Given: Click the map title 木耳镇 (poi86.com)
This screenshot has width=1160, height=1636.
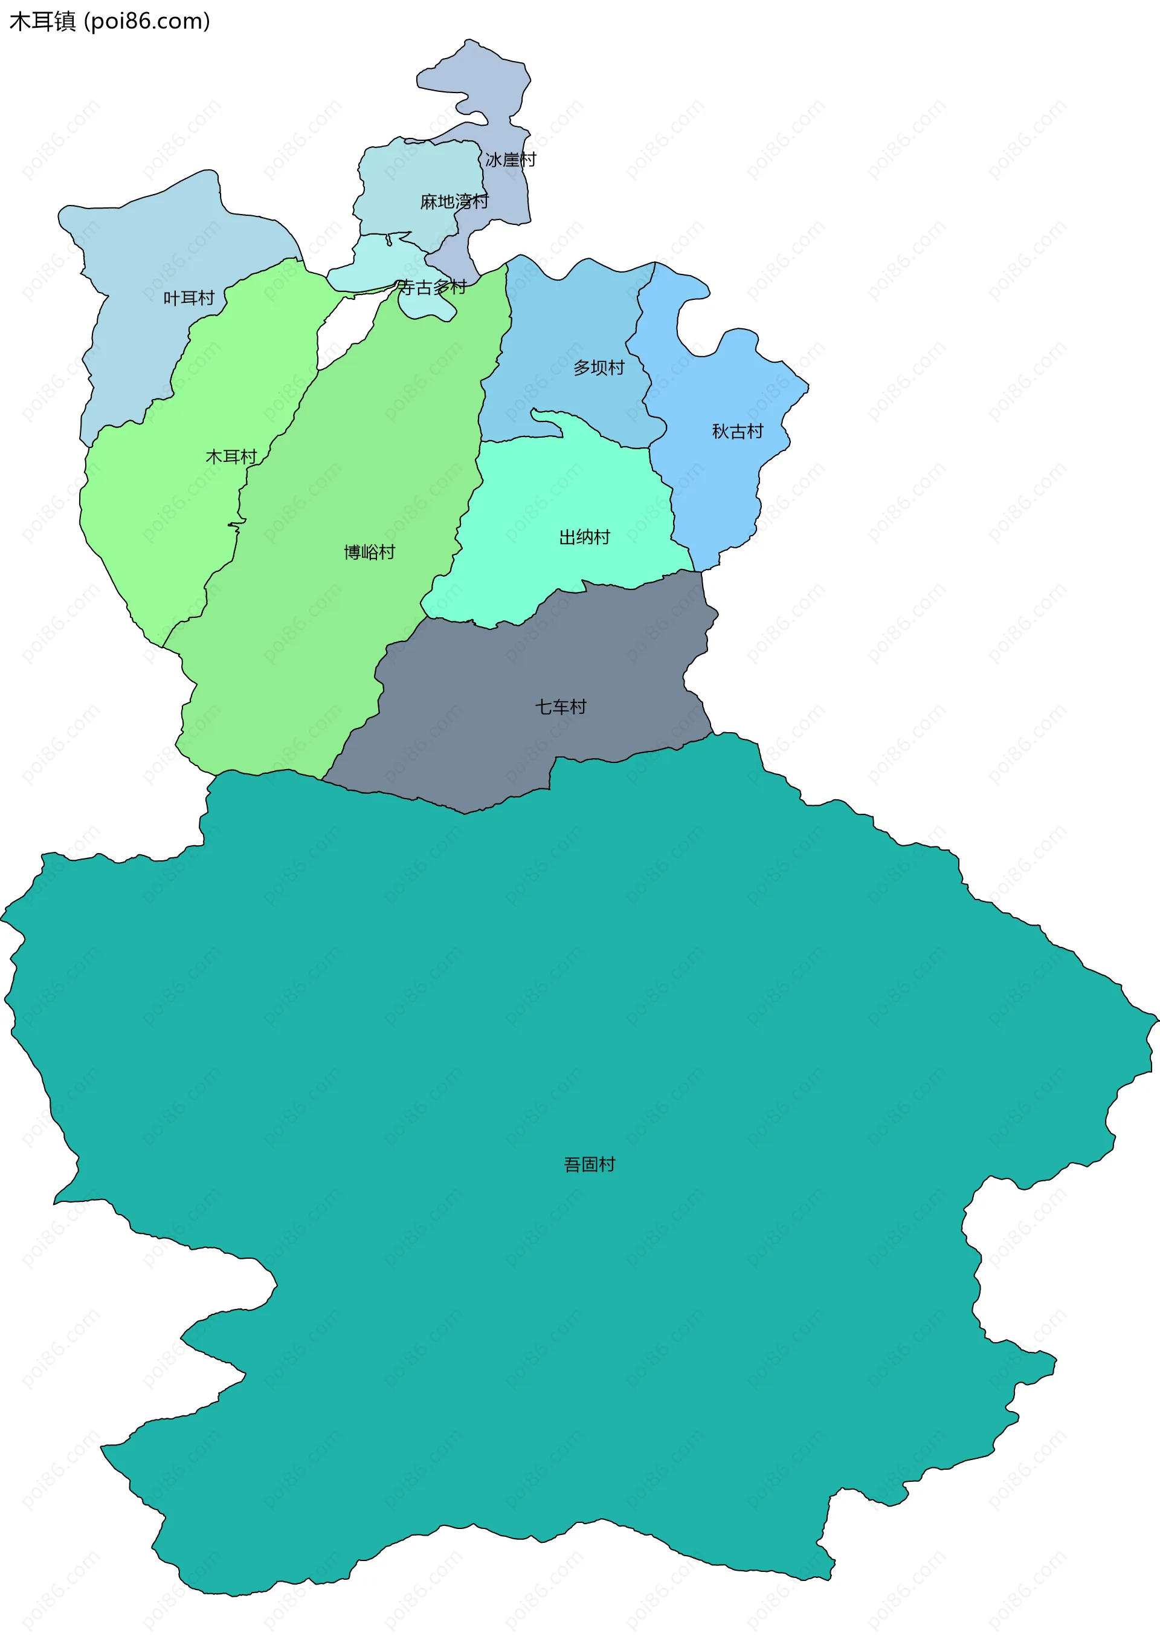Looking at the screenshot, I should click(x=109, y=21).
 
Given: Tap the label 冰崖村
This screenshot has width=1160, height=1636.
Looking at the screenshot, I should click(x=510, y=160).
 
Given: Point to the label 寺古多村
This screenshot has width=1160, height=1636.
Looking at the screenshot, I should click(x=431, y=287).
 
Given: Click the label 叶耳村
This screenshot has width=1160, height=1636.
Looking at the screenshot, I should click(x=188, y=298).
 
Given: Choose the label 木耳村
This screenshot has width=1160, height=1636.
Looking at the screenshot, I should click(x=231, y=456).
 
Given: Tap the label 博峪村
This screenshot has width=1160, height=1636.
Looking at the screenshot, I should click(x=369, y=552).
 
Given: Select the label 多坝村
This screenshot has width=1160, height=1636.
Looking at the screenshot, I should click(x=599, y=368).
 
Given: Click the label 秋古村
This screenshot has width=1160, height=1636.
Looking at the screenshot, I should click(x=737, y=431).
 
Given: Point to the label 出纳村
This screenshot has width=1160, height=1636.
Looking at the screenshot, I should click(x=584, y=537).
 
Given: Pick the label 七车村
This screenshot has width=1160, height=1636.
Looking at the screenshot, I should click(x=561, y=707).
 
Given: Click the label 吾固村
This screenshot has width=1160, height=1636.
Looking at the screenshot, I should click(x=589, y=1164).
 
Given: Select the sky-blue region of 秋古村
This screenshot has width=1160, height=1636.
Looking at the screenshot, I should click(x=721, y=486).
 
